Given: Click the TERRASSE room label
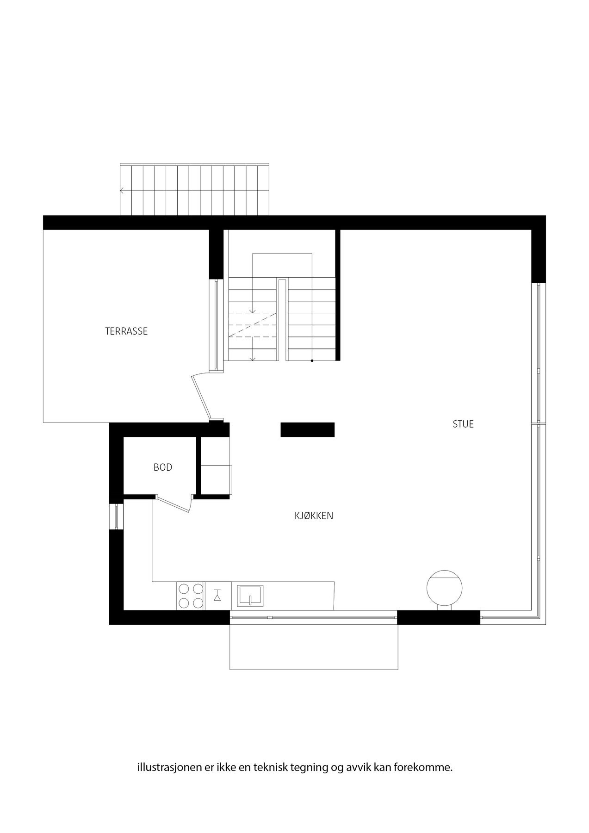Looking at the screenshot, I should pos(126,331).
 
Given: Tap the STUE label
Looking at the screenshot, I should pos(463,424).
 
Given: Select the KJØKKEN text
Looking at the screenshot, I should pos(314,516).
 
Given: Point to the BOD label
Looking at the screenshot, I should pos(163,467).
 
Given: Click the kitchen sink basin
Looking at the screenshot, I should pos(250,595).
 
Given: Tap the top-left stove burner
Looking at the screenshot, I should pos(184,589).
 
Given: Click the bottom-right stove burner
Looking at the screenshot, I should pos(198,603).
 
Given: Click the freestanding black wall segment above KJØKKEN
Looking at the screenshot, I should pos(307,429).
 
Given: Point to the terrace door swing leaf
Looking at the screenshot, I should pos(200,398).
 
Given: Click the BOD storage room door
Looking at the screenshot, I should pos(174,504).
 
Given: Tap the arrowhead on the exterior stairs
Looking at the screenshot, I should pos(122,190).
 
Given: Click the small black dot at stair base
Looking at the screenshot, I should pos(312,361).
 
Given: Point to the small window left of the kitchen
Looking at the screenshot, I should pos(117,516).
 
